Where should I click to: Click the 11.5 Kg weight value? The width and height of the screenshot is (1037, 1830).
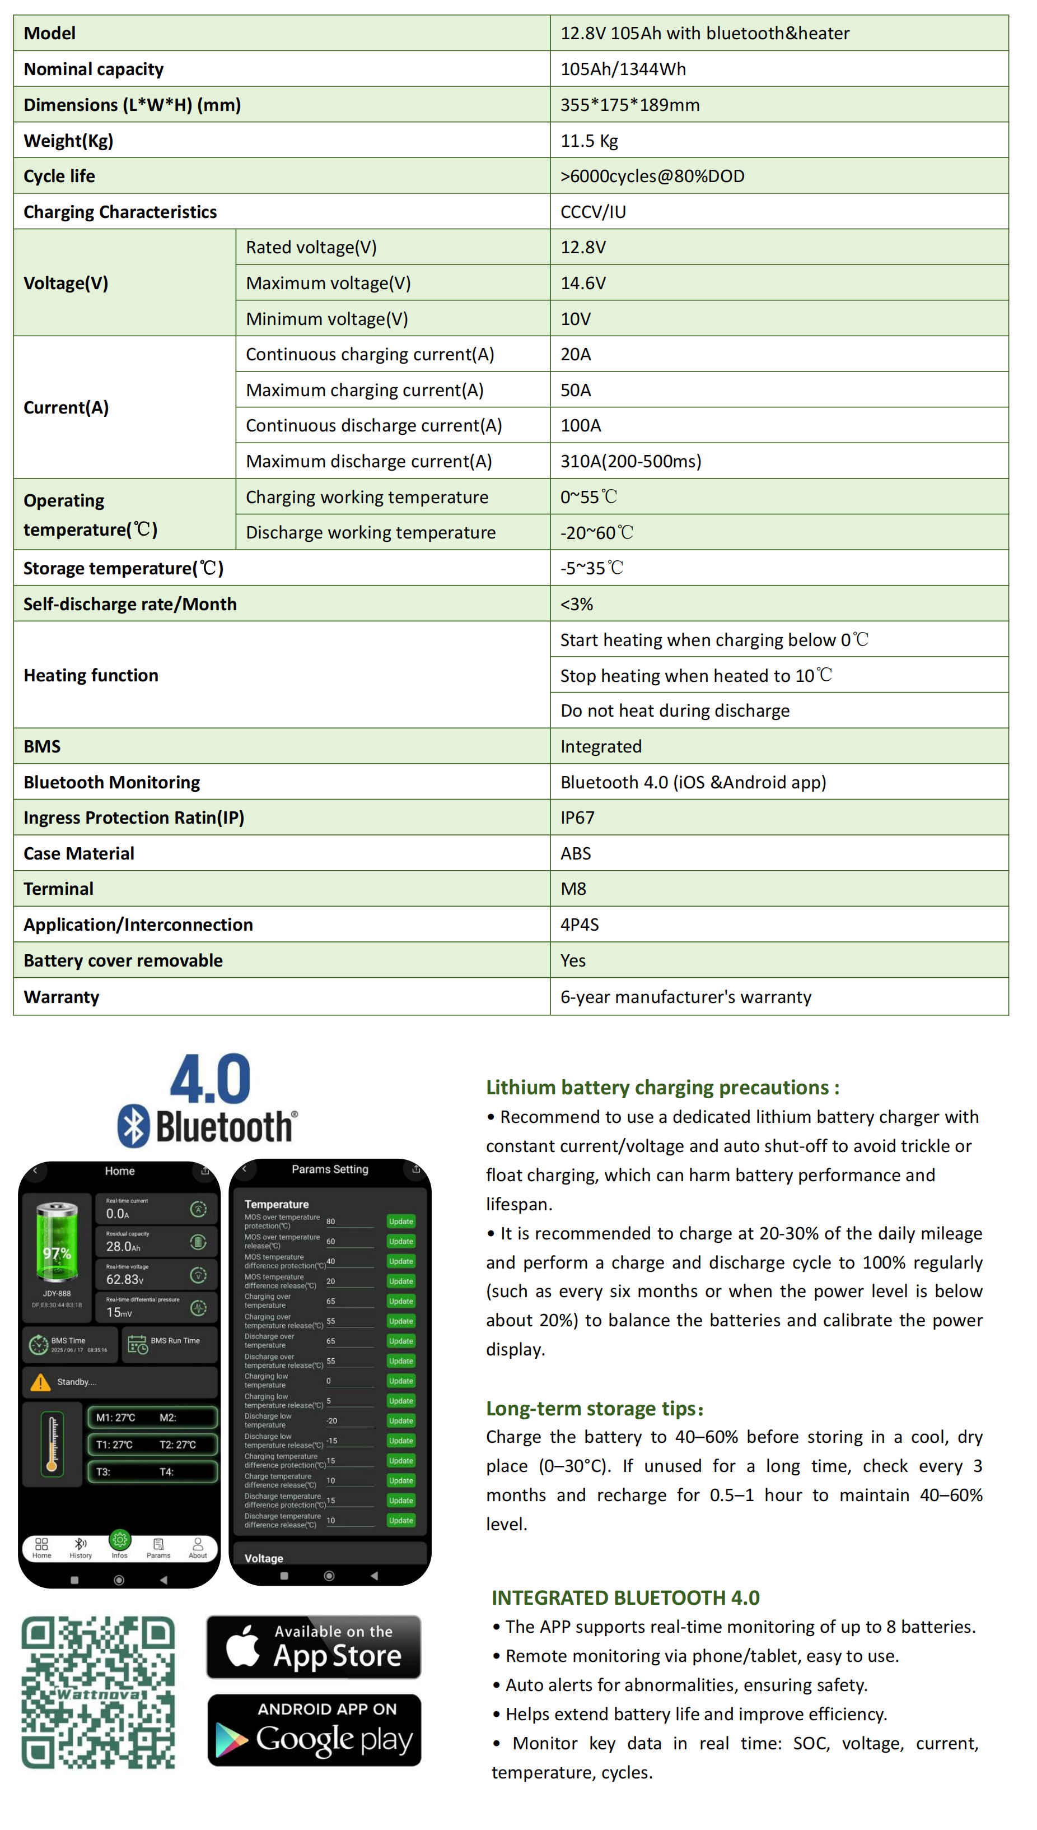coord(589,141)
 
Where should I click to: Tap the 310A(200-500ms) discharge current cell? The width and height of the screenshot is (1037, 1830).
coord(630,461)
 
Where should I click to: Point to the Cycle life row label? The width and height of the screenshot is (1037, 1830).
coord(59,176)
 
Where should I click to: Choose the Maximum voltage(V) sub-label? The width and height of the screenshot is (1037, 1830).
coord(328,283)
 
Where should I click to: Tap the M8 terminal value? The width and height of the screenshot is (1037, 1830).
coord(573,889)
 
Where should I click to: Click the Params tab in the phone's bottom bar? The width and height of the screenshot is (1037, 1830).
coord(158,1548)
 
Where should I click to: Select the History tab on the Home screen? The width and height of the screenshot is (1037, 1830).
coord(81,1548)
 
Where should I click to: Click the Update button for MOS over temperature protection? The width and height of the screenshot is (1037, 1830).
coord(401,1221)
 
